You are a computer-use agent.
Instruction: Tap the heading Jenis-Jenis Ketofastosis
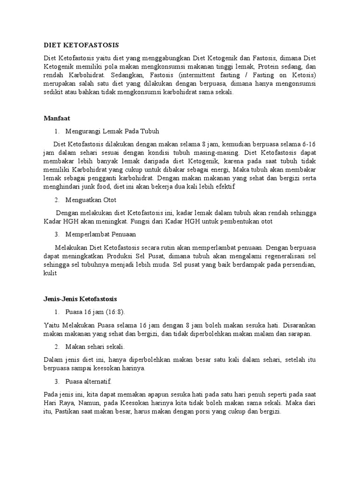click(80, 299)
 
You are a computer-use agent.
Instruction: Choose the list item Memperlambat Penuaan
click(102, 234)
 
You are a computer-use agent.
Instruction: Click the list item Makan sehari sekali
click(95, 347)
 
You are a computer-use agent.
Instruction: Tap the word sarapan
click(300, 333)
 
